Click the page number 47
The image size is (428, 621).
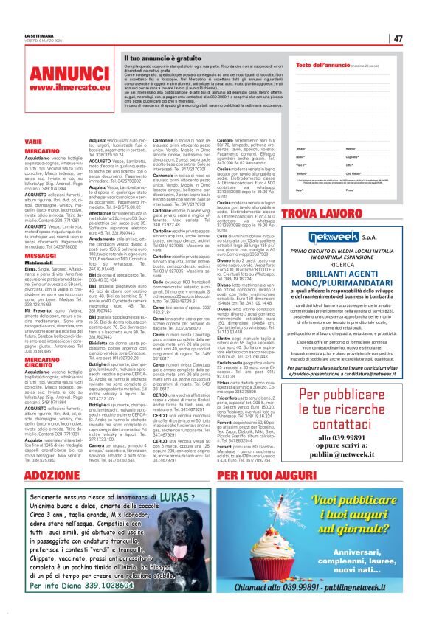point(397,38)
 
